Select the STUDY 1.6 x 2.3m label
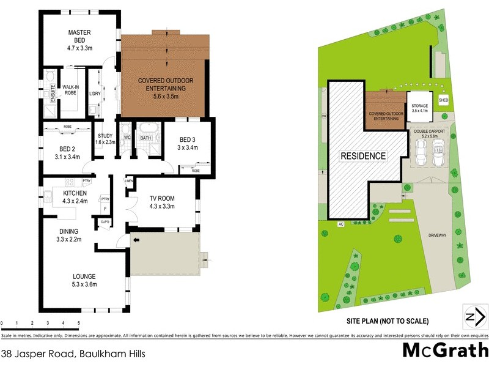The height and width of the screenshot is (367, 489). tap(105, 138)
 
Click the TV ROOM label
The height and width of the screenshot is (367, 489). tap(162, 202)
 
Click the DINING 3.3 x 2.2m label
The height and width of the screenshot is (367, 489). tap(70, 235)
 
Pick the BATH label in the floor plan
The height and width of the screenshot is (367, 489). tap(145, 138)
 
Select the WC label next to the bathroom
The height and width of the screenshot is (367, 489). tap(127, 137)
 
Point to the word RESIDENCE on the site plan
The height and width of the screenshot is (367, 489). tap(363, 156)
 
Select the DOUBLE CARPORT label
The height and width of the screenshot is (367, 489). tap(429, 133)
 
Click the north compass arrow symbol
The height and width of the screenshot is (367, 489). tap(476, 317)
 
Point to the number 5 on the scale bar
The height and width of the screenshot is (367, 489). tap(78, 322)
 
